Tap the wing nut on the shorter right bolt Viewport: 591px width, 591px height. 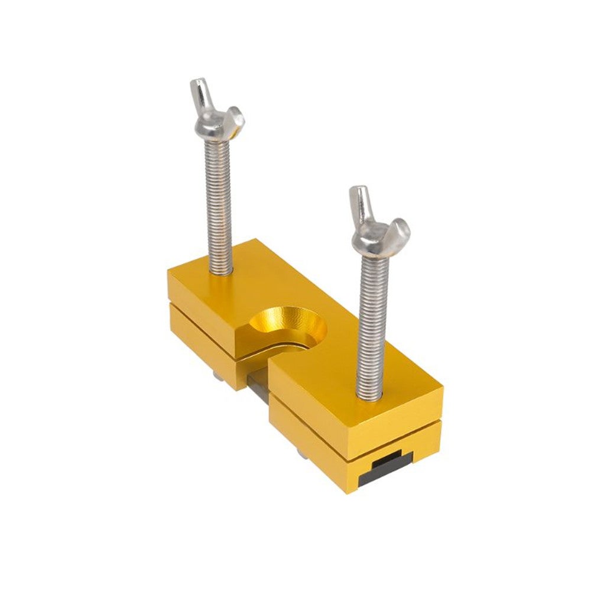pos(378,228)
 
